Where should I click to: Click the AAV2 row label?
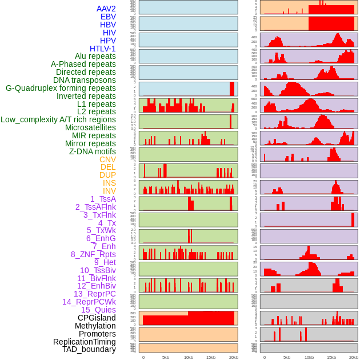[x=106, y=9]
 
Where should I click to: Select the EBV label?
[x=108, y=17]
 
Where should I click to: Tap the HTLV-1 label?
[x=103, y=49]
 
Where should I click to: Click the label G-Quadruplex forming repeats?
[x=61, y=88]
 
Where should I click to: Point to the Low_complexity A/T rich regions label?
[x=58, y=119]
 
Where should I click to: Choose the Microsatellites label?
[x=90, y=127]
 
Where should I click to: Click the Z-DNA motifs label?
[x=93, y=151]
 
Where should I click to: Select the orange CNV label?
[x=107, y=159]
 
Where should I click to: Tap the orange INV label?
[x=109, y=191]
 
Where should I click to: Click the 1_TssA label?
[x=103, y=199]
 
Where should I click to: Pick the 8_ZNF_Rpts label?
[x=93, y=254]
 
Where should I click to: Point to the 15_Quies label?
[x=98, y=310]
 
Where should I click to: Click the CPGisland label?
[x=97, y=318]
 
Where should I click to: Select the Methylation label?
[x=95, y=326]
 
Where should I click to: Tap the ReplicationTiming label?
[x=84, y=342]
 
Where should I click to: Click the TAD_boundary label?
[x=89, y=349]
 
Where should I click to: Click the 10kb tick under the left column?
[x=188, y=358]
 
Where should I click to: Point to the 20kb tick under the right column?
[x=354, y=358]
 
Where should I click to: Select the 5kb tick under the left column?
[x=166, y=358]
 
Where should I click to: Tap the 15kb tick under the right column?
[x=331, y=358]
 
